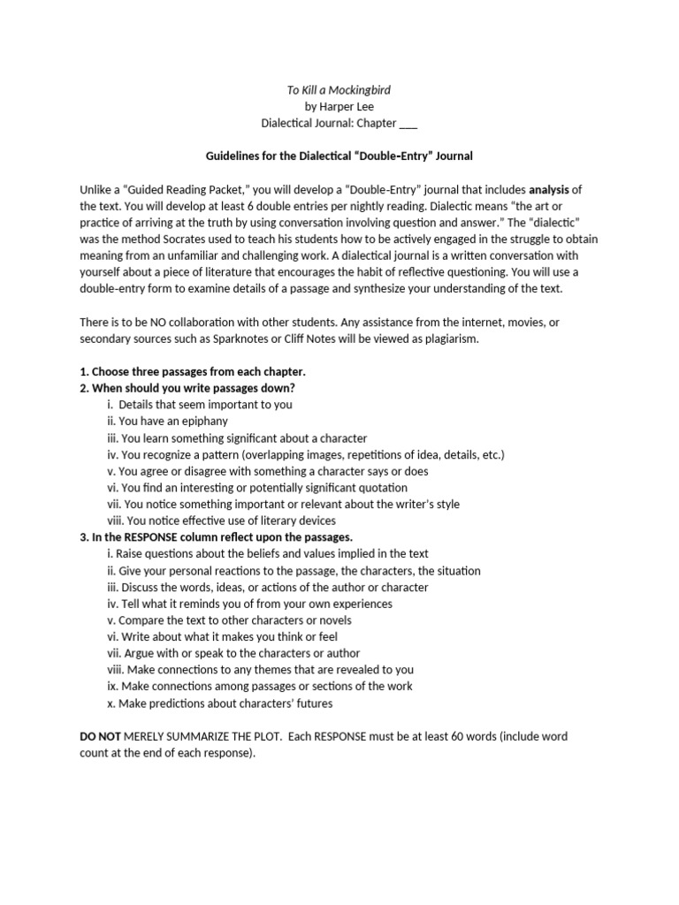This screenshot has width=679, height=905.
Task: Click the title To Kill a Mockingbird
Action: [339, 89]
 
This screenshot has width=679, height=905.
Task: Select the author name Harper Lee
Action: [339, 106]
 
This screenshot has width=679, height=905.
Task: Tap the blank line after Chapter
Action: [408, 123]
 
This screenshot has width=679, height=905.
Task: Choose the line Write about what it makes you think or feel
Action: [222, 636]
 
